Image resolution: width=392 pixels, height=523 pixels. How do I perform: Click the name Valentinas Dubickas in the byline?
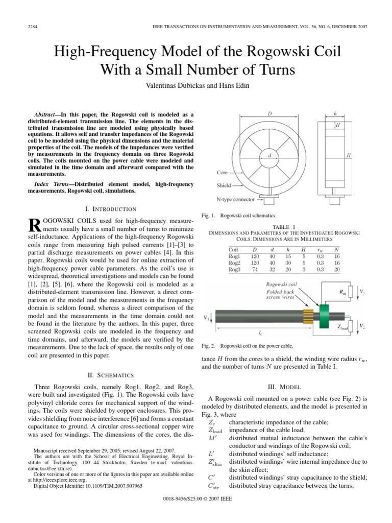point(156,84)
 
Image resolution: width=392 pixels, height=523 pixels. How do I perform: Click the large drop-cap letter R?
point(35,225)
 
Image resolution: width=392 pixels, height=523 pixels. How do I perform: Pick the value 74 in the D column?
point(255,269)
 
